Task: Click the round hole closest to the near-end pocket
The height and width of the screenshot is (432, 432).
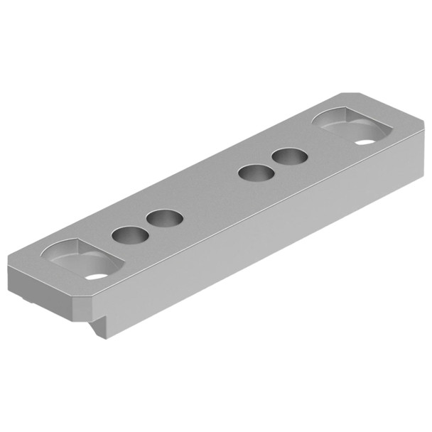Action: (x=129, y=235)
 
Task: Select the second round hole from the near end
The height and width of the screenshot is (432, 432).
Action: (x=165, y=219)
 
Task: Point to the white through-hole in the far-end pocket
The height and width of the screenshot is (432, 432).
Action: (x=364, y=142)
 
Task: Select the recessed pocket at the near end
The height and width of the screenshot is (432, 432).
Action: (x=82, y=260)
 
